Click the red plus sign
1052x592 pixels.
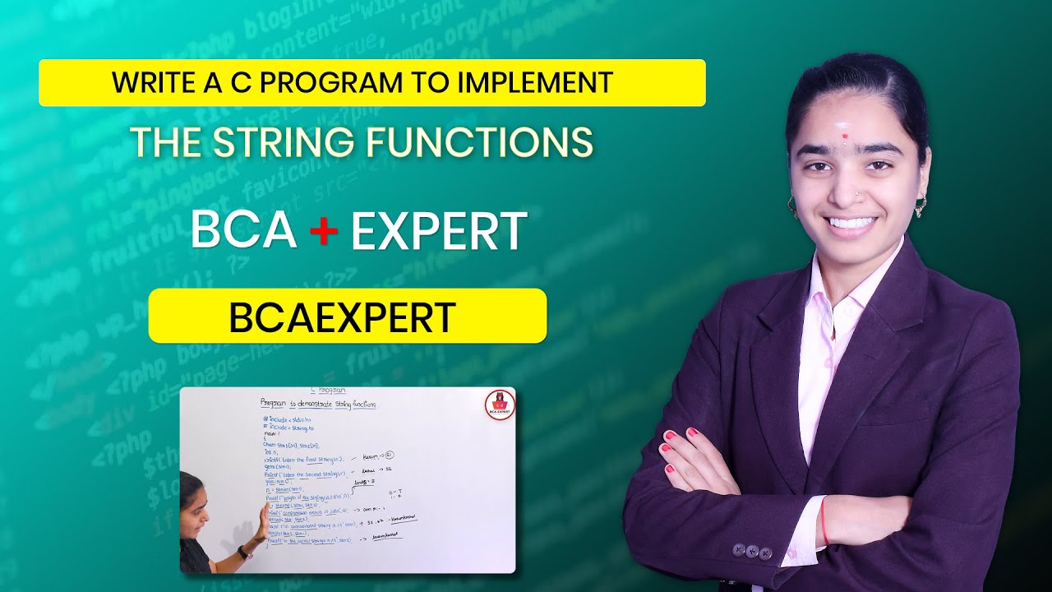point(324,231)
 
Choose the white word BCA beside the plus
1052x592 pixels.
point(243,231)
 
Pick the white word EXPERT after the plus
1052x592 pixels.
point(439,231)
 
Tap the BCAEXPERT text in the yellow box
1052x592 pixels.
point(342,318)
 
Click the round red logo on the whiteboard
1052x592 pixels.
point(497,405)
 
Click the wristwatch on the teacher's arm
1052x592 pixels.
point(243,552)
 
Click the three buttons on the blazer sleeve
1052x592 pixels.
point(753,551)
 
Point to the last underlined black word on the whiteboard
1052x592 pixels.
point(384,534)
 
